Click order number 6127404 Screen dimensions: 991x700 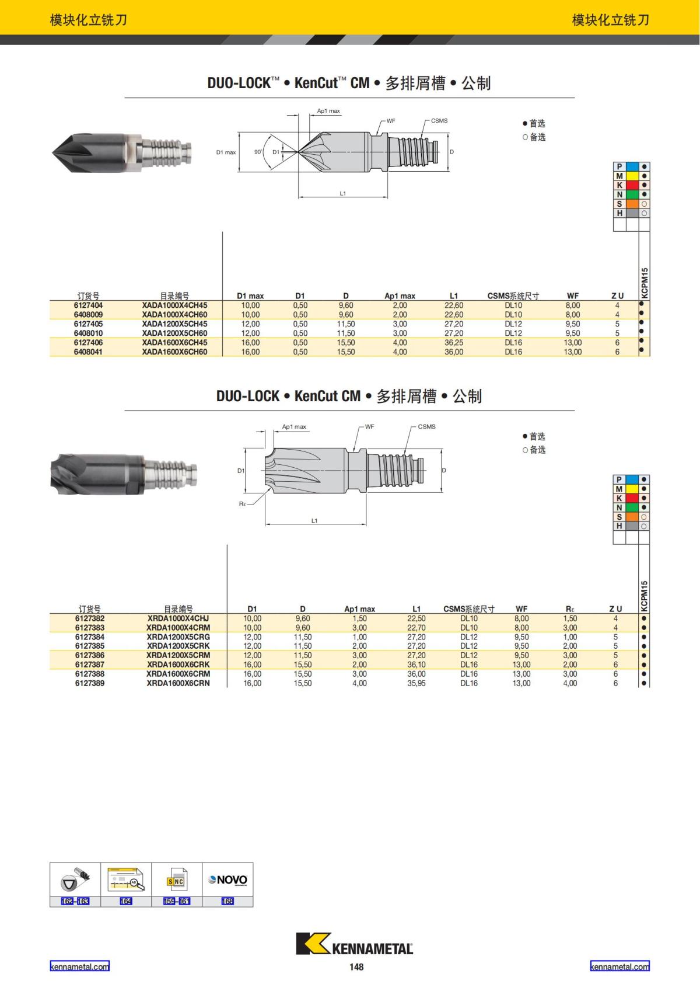coord(88,305)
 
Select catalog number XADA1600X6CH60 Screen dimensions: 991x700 coord(174,352)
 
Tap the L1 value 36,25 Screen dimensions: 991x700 coord(453,343)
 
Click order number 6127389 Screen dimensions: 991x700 coord(90,683)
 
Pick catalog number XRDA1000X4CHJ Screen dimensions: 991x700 coord(178,618)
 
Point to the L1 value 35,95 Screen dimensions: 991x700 coord(416,683)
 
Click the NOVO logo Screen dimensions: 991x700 coord(228,880)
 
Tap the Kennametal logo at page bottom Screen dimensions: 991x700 coord(355,944)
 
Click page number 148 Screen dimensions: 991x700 coord(356,967)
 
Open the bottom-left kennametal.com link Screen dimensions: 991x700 coord(79,966)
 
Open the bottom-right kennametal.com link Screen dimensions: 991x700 coord(619,966)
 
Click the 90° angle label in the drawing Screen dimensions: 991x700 coord(258,152)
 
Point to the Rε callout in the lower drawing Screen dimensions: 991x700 coord(242,503)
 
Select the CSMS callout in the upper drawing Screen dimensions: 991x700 coord(439,121)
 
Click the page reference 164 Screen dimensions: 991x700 coord(126,901)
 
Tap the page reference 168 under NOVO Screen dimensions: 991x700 coord(228,901)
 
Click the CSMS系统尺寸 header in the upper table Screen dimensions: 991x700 coord(513,296)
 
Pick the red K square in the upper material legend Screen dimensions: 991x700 coord(632,185)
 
